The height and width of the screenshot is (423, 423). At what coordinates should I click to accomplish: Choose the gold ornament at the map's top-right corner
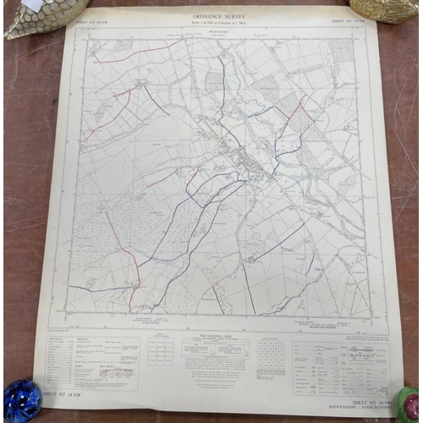click(382, 8)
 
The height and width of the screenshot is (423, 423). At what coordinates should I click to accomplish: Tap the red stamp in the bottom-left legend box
click(117, 371)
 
